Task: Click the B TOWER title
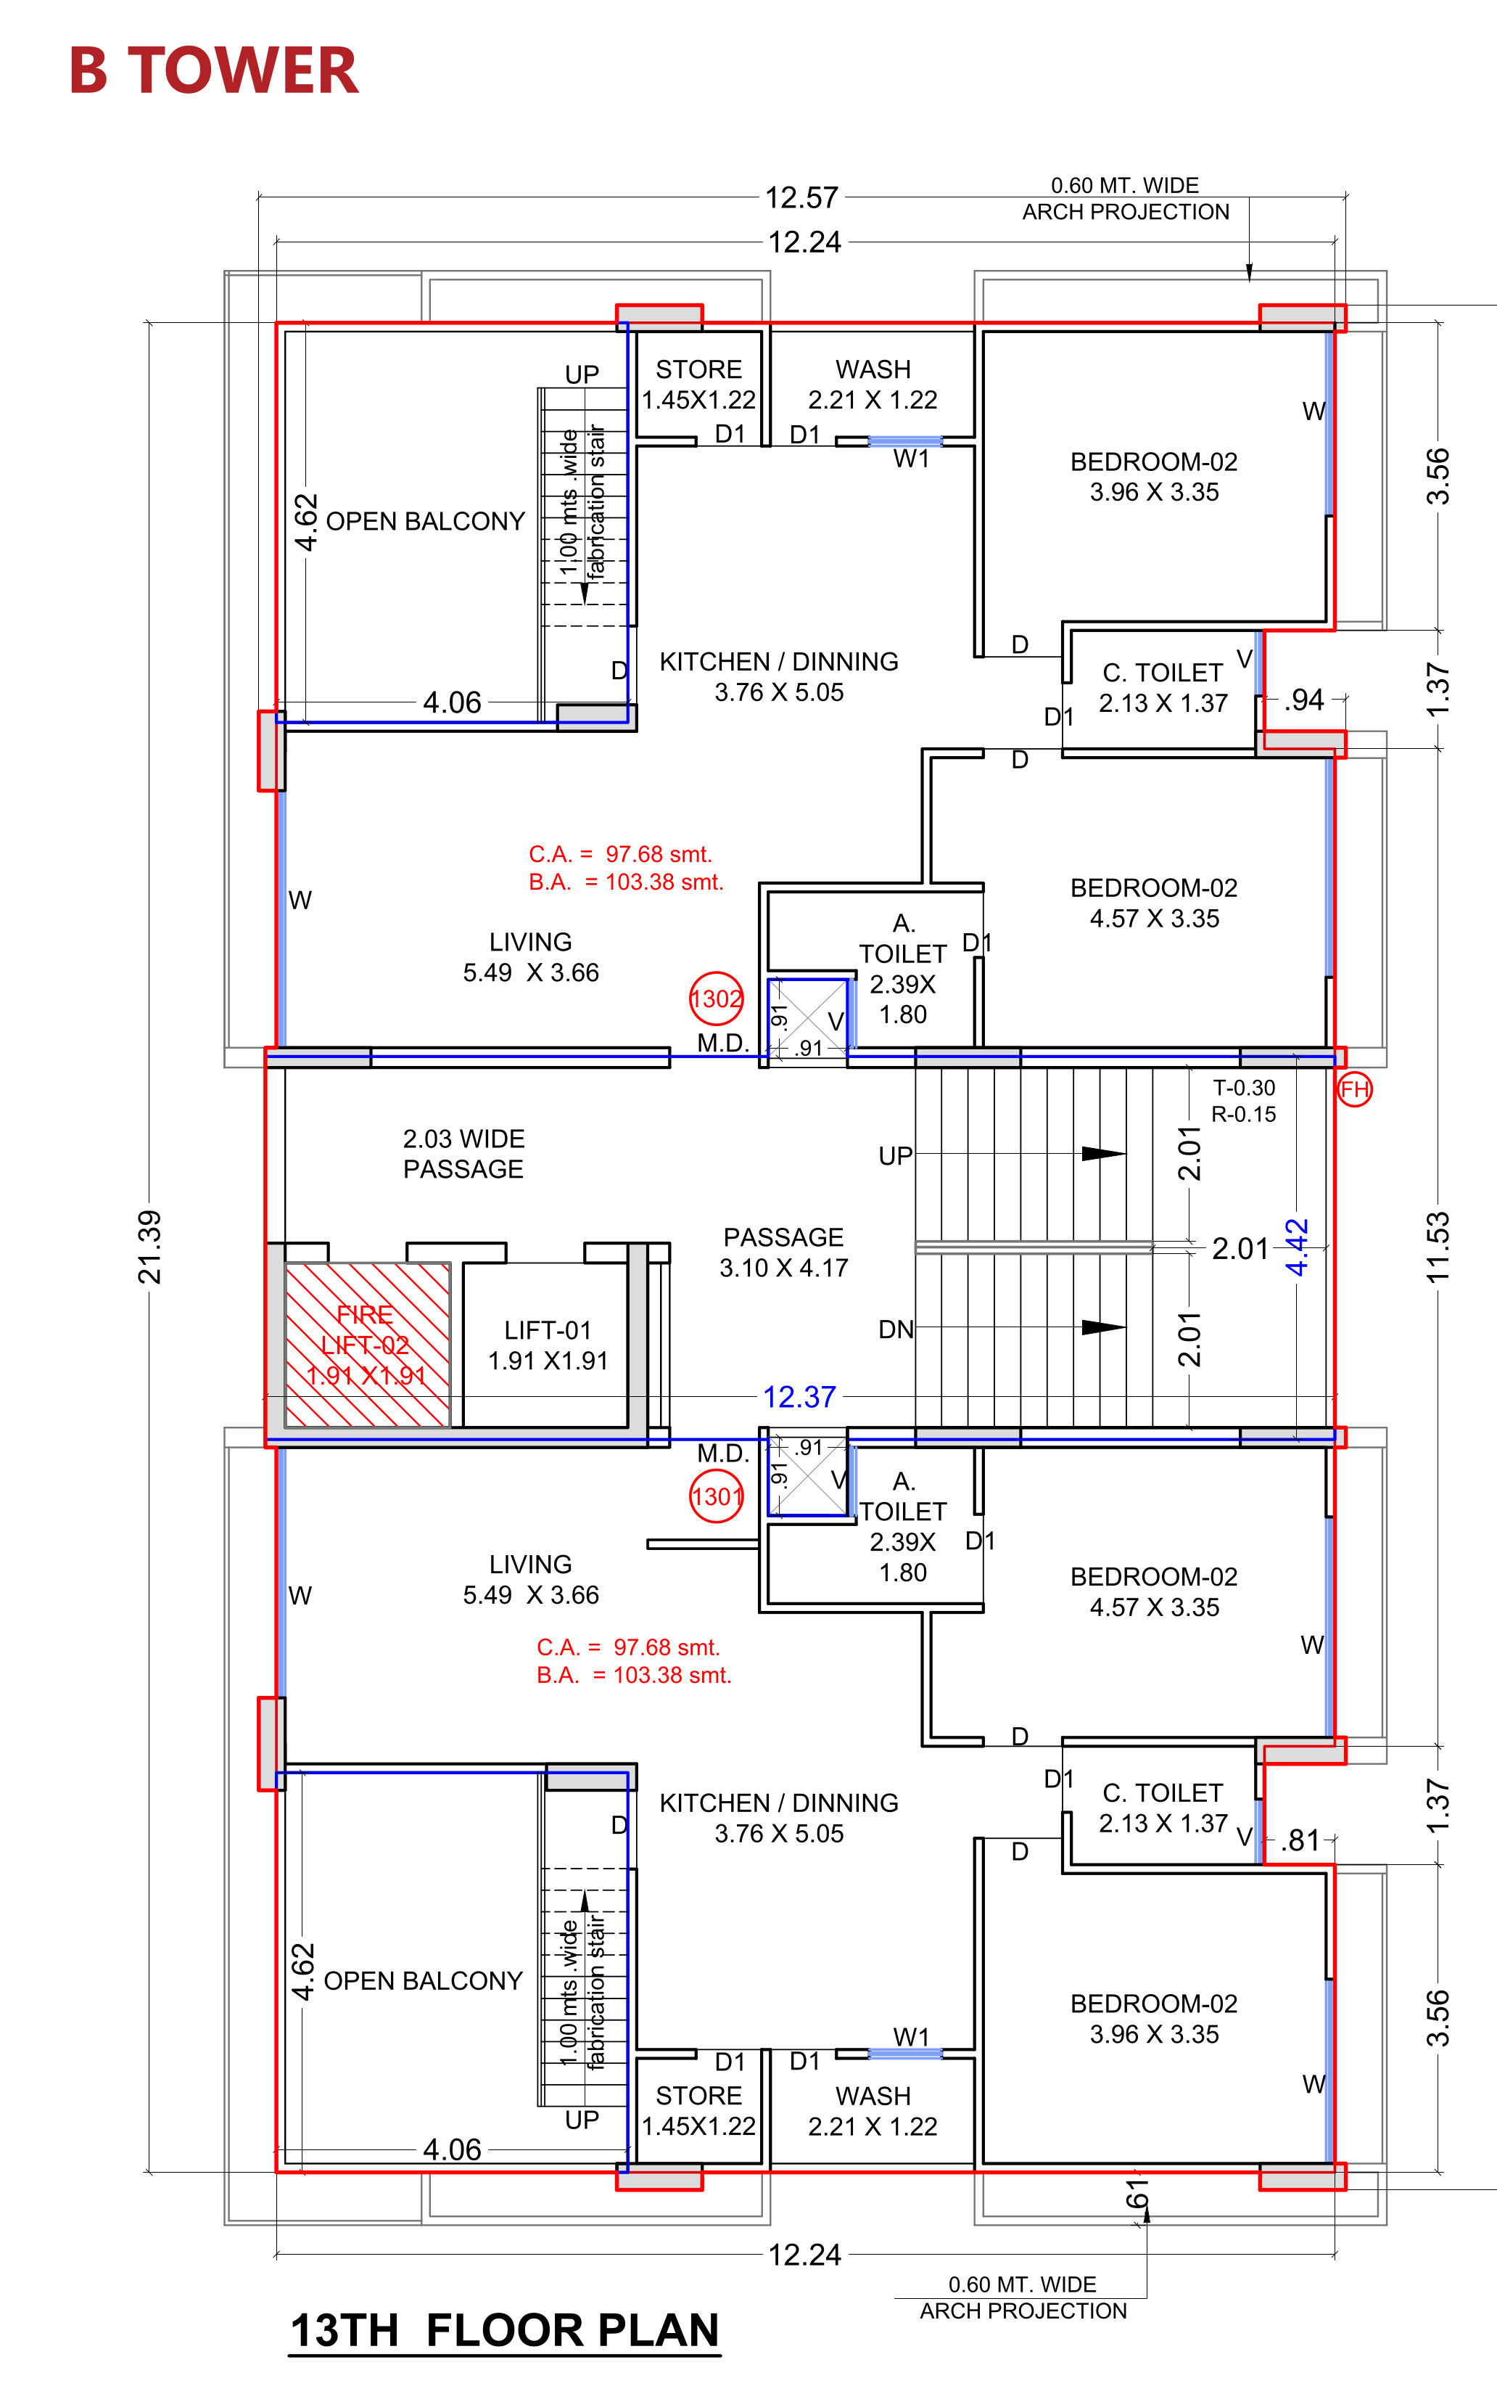pyautogui.click(x=213, y=71)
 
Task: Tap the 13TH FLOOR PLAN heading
pyautogui.click(x=504, y=2331)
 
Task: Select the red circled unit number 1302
pyautogui.click(x=716, y=999)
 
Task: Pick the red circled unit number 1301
pyautogui.click(x=716, y=1496)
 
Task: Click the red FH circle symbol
pyautogui.click(x=1354, y=1089)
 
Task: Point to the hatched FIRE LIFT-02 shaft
pyautogui.click(x=367, y=1344)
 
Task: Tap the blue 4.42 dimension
pyautogui.click(x=1297, y=1246)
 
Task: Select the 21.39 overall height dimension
pyautogui.click(x=149, y=1247)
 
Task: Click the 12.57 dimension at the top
pyautogui.click(x=802, y=198)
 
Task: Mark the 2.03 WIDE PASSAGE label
pyautogui.click(x=463, y=1154)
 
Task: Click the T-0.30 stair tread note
pyautogui.click(x=1245, y=1088)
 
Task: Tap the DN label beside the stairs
pyautogui.click(x=896, y=1329)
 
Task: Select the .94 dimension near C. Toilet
pyautogui.click(x=1304, y=700)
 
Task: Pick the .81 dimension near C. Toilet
pyautogui.click(x=1301, y=1840)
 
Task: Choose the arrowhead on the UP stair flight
pyautogui.click(x=1104, y=1154)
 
